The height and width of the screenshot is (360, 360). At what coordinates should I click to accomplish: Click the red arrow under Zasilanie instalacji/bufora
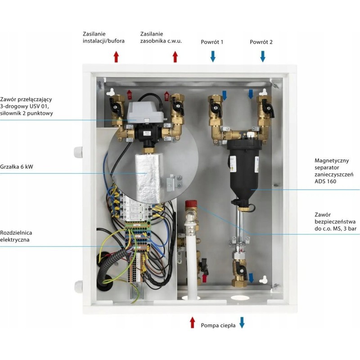pyautogui.click(x=116, y=56)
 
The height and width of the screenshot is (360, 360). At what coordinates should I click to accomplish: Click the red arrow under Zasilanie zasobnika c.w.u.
pyautogui.click(x=175, y=56)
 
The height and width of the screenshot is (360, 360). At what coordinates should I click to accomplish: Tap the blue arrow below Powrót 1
pyautogui.click(x=213, y=56)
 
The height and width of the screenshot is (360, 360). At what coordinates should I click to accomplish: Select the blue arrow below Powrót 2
pyautogui.click(x=263, y=56)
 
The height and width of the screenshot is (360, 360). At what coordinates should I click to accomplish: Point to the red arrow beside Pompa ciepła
pyautogui.click(x=193, y=322)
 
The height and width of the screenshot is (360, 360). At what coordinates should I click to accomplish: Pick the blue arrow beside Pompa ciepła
pyautogui.click(x=242, y=322)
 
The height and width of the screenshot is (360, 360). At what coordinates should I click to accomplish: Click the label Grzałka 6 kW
pyautogui.click(x=17, y=166)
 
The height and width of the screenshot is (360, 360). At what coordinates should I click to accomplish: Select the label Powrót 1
pyautogui.click(x=212, y=42)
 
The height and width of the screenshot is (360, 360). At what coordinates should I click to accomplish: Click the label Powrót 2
pyautogui.click(x=261, y=42)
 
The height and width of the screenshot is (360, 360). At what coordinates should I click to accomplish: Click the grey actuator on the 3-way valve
pyautogui.click(x=142, y=112)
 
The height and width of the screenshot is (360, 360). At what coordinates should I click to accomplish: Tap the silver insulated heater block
pyautogui.click(x=148, y=175)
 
